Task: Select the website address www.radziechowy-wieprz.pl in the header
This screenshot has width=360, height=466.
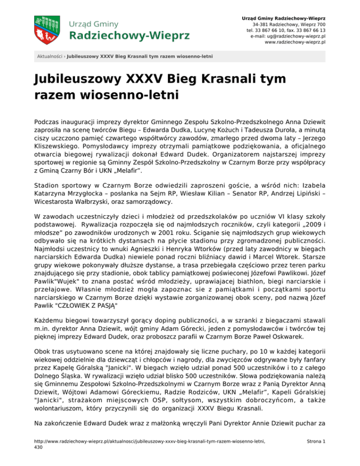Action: [x=295, y=42]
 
